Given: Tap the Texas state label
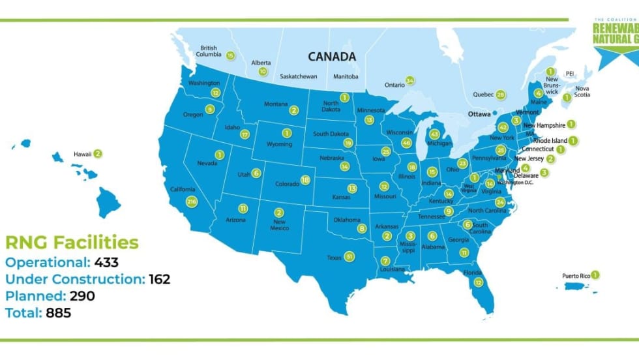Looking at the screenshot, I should [x=334, y=258].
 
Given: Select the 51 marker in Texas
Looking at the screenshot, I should [x=350, y=256].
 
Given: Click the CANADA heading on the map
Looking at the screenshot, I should [x=332, y=57].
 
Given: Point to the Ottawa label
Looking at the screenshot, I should [x=479, y=113].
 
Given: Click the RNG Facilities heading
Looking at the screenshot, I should [x=72, y=243].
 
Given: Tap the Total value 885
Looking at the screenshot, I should [x=58, y=313].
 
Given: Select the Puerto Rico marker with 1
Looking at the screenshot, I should [x=595, y=275].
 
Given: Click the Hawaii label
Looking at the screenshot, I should [x=82, y=155].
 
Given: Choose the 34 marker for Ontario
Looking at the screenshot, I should [x=409, y=81].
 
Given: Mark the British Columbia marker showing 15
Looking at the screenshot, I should [x=230, y=55].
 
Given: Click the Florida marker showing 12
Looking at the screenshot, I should [x=478, y=282].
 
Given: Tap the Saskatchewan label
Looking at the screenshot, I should [x=298, y=76].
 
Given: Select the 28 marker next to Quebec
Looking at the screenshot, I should [x=501, y=95].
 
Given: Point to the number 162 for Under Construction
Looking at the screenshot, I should [x=158, y=279].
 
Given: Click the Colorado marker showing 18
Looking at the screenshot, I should [x=305, y=180].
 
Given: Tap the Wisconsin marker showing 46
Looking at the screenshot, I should [x=407, y=142].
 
